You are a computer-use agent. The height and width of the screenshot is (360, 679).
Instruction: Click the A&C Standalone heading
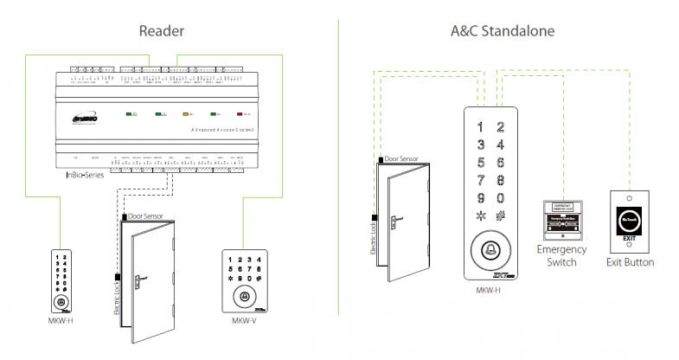pos(501,32)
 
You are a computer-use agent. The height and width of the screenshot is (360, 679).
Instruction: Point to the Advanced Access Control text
pos(211,129)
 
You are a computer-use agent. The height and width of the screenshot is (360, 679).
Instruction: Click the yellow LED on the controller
pos(185,113)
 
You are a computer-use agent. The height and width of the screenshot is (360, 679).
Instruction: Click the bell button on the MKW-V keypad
pos(245,296)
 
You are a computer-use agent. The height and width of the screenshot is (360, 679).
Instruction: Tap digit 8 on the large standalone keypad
pos(500,180)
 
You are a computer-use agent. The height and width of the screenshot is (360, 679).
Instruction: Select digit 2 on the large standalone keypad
pos(500,127)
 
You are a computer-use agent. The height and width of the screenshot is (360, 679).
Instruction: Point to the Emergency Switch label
pos(561,255)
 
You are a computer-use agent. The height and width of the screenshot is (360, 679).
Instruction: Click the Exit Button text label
pos(630,261)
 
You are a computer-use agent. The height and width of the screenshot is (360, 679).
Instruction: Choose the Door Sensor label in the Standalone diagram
pos(402,160)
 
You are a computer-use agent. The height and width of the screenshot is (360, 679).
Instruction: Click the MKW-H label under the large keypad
pos(489,291)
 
